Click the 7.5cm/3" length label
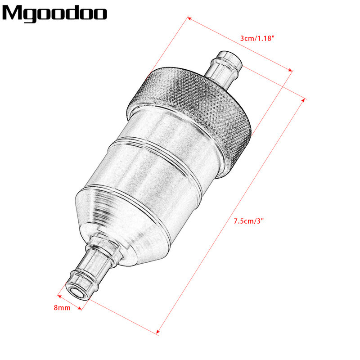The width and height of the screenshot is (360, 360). pos(249,221)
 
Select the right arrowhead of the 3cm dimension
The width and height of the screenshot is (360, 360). pos(291,70)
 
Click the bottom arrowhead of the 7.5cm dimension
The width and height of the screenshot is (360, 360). pos(158,333)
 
